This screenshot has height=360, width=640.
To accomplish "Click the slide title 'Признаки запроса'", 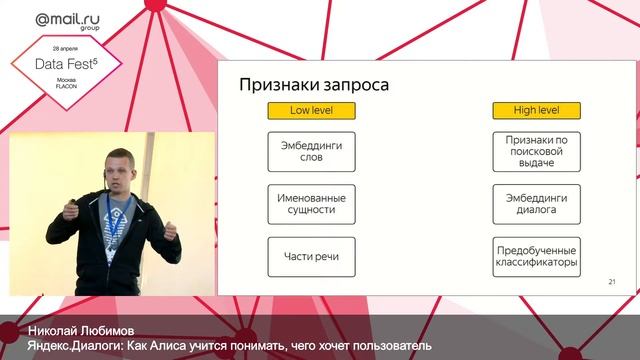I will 312,85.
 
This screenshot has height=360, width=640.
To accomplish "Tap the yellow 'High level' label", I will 537,112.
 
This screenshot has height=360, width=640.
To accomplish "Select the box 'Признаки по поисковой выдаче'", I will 537,153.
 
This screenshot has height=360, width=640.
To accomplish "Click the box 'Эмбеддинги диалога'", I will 537,205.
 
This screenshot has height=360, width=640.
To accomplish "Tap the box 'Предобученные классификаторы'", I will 537,257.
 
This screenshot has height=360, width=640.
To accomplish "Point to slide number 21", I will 610,284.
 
